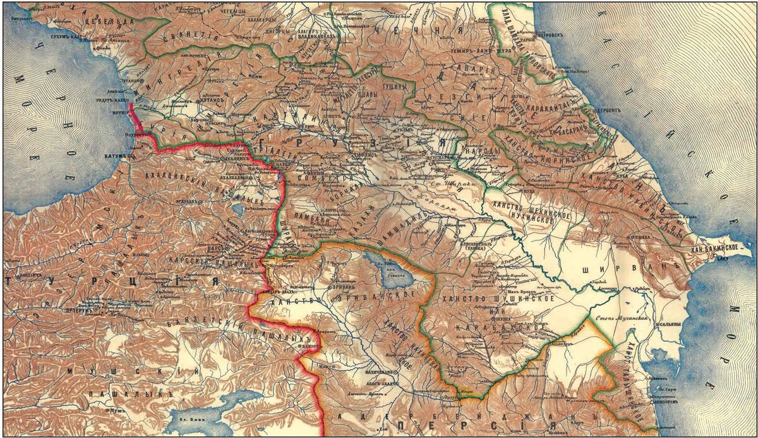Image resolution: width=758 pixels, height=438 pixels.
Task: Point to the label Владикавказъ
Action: (x=318, y=36)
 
